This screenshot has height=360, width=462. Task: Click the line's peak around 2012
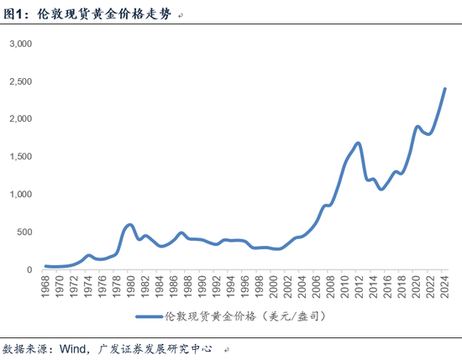tap(359, 143)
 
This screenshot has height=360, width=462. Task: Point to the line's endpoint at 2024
tap(444, 89)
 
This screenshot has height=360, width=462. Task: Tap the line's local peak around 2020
tap(417, 127)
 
